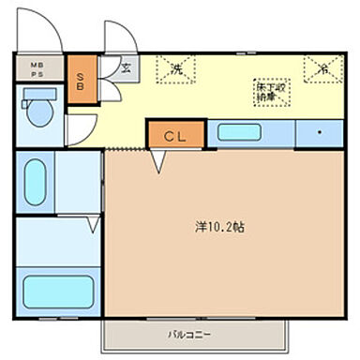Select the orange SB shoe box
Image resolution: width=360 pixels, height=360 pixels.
pyautogui.click(x=80, y=74)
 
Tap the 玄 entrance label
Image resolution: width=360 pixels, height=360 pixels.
pyautogui.click(x=125, y=67)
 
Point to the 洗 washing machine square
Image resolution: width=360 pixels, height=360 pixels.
pyautogui.click(x=177, y=69)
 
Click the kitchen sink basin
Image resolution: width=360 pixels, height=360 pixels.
pyautogui.click(x=241, y=132)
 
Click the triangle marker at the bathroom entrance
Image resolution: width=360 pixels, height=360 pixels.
pyautogui.click(x=95, y=225)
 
